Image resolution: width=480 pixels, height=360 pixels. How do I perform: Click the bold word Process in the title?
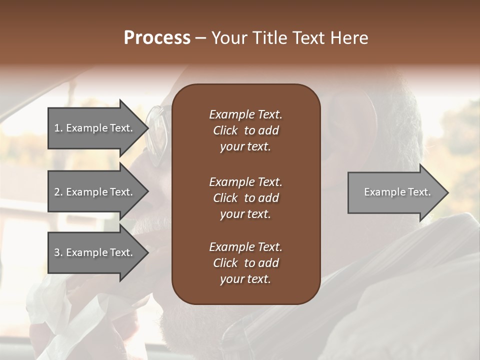pos(157,38)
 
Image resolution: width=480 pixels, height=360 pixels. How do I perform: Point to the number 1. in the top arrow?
pos(58,128)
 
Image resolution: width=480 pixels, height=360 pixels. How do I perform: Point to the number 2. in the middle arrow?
pos(58,192)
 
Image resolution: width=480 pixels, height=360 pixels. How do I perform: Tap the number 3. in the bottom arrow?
pos(58,252)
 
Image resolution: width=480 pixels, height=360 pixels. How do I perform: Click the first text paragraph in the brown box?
pos(245,130)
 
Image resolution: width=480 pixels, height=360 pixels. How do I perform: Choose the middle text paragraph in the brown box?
pos(245,197)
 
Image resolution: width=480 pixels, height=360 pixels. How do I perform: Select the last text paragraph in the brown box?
pos(245,263)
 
